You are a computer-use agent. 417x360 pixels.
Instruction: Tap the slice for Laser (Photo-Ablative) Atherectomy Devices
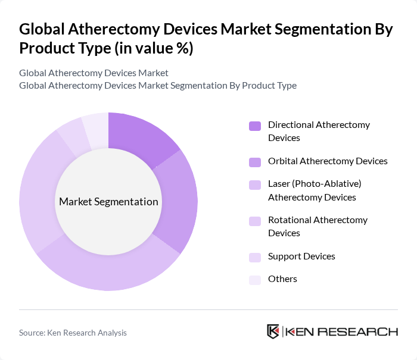click(x=113, y=271)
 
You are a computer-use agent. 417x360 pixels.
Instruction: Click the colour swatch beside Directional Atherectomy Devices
click(x=255, y=126)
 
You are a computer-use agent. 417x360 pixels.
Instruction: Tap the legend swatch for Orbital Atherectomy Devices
click(x=255, y=161)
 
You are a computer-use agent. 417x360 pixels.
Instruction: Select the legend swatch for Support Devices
click(x=255, y=256)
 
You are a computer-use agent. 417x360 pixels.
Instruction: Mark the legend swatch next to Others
click(x=255, y=279)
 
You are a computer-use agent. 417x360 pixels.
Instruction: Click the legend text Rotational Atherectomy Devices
click(x=318, y=226)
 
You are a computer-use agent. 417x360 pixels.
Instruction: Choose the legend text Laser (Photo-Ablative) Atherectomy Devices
click(x=315, y=190)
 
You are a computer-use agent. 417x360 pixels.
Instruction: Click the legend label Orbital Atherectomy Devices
click(x=328, y=161)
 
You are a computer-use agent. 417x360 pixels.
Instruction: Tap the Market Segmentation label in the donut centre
click(x=108, y=202)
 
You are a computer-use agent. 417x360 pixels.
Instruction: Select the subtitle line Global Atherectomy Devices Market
click(x=94, y=73)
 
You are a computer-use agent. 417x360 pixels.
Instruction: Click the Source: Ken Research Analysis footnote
click(x=73, y=333)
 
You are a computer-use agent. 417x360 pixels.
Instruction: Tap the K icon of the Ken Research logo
click(x=273, y=331)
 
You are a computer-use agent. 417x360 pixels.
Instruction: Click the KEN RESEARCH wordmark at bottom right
click(x=342, y=331)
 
